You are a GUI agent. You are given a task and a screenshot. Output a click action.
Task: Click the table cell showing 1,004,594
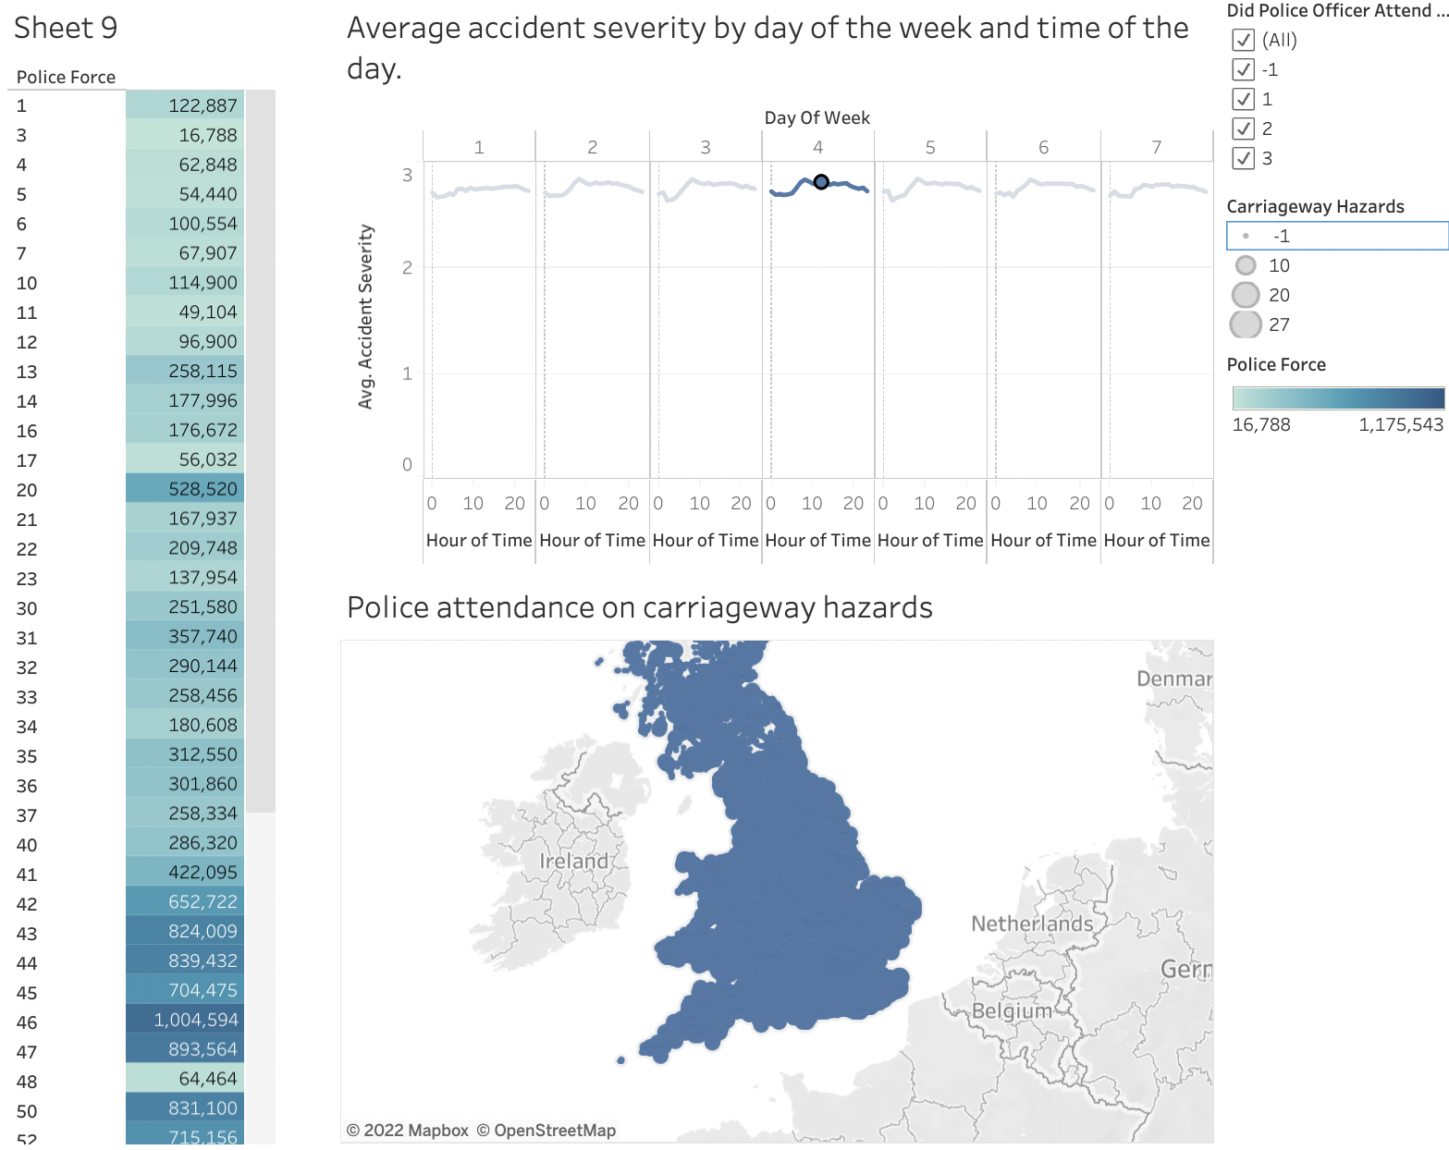(x=196, y=1020)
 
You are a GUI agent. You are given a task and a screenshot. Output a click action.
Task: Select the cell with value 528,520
(x=203, y=489)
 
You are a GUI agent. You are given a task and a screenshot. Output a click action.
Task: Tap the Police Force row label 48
(x=27, y=1082)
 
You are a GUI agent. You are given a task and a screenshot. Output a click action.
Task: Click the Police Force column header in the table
(x=67, y=78)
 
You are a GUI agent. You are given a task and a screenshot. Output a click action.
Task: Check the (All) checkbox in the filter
(x=1243, y=40)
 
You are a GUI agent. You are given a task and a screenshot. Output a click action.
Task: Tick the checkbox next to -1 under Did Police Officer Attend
(x=1243, y=69)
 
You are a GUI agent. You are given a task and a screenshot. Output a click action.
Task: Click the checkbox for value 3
(x=1243, y=158)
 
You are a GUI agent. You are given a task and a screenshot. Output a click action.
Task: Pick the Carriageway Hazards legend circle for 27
(x=1246, y=324)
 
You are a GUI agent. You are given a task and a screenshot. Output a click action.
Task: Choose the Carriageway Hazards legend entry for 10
(x=1246, y=266)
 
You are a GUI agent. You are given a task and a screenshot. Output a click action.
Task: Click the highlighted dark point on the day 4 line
(x=821, y=182)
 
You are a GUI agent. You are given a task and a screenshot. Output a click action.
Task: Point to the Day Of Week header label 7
(x=1156, y=147)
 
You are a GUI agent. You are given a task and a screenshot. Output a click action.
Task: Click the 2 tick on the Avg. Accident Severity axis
(x=407, y=268)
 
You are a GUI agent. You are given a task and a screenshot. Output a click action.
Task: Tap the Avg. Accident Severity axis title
(x=366, y=316)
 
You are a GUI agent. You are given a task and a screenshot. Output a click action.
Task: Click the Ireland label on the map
(x=574, y=862)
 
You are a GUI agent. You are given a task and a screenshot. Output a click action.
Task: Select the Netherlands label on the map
(x=1032, y=924)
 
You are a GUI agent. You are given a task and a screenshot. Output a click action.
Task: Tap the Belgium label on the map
(x=1012, y=1010)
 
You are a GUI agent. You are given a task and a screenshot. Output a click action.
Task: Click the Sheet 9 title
(x=66, y=28)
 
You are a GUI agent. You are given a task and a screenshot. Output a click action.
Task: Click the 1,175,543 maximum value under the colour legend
(x=1400, y=425)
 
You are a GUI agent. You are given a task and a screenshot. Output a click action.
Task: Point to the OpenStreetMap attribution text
(x=554, y=1131)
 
